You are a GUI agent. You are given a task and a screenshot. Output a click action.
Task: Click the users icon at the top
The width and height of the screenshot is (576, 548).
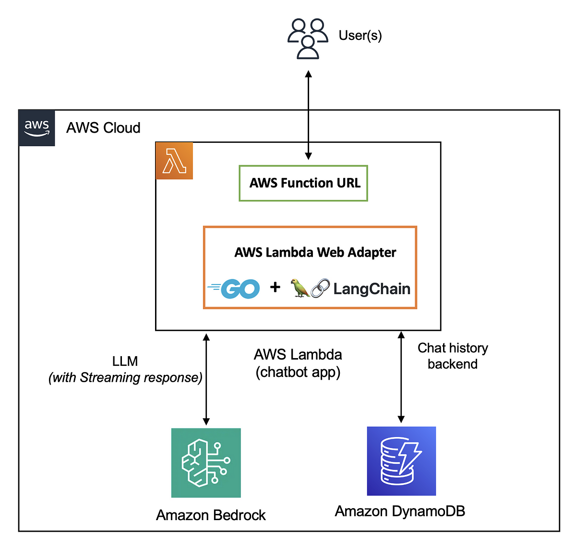(x=307, y=39)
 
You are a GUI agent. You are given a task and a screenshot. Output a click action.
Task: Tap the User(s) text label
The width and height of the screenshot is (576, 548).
(x=360, y=36)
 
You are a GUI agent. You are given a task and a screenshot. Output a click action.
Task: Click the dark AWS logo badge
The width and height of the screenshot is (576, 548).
(x=36, y=128)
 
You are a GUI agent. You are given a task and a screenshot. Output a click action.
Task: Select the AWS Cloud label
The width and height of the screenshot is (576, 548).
(x=103, y=128)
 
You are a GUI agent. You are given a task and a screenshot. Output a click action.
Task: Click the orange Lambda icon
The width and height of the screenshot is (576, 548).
(x=174, y=161)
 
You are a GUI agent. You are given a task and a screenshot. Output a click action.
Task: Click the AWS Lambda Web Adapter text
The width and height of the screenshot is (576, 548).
(x=315, y=252)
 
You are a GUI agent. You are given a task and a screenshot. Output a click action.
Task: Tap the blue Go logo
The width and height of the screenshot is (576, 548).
(x=233, y=289)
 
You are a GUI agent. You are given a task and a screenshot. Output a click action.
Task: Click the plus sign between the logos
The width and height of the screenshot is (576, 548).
(x=275, y=287)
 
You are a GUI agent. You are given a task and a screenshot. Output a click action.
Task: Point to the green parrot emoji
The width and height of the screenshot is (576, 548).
(x=300, y=288)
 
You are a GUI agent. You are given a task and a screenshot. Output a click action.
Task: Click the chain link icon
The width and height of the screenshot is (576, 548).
(x=320, y=288)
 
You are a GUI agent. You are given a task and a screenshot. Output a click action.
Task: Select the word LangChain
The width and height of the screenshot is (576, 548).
(x=372, y=289)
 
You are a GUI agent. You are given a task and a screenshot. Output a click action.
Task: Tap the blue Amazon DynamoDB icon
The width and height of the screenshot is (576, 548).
(x=401, y=461)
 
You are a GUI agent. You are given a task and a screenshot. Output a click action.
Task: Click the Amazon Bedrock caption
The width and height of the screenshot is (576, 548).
(x=211, y=515)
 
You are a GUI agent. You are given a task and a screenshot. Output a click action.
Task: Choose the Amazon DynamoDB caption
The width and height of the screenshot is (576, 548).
(x=400, y=511)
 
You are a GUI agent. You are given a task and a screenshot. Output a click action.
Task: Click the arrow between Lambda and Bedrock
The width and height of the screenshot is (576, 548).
(x=206, y=379)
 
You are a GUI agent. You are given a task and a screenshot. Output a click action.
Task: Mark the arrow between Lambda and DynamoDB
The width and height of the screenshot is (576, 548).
(x=401, y=377)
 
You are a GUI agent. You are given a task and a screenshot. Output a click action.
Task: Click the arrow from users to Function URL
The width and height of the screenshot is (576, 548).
(x=308, y=115)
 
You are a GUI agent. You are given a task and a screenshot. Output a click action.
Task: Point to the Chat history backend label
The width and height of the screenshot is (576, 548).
(x=453, y=356)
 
